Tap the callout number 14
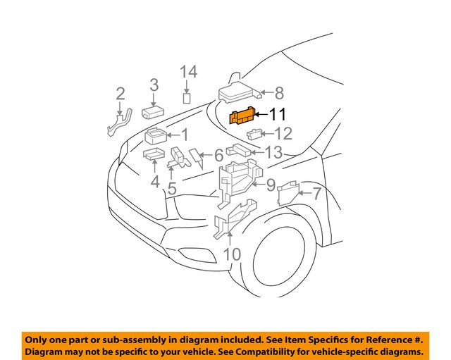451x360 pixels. coord(187,72)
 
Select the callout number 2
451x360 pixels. coord(121,94)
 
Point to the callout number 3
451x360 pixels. coord(154,86)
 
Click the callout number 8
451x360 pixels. coord(278,92)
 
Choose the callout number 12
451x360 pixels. coord(283,133)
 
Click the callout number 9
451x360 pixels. coord(268,185)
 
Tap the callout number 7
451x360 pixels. coord(316,194)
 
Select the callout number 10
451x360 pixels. coord(232,254)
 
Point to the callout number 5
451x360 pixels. coord(172,188)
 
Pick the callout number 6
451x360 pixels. coord(218,156)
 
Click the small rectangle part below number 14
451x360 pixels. coord(187,98)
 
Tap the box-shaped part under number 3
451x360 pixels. coord(154,111)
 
